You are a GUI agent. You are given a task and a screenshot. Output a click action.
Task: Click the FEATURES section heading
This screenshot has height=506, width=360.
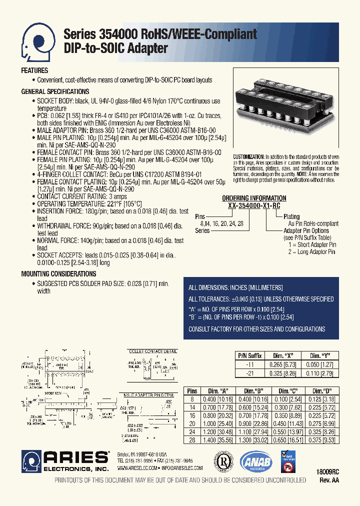tap(34, 71)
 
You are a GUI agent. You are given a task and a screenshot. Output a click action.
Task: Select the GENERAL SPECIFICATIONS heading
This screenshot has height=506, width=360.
tap(55, 92)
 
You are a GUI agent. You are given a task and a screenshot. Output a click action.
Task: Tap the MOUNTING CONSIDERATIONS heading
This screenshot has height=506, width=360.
tap(58, 274)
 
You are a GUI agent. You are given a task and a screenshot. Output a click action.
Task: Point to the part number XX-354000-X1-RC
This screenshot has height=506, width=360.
tap(254, 205)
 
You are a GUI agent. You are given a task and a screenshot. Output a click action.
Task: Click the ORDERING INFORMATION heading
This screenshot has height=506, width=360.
tap(254, 198)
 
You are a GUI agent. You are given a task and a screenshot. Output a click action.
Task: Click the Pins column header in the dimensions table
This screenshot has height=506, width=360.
tap(192, 391)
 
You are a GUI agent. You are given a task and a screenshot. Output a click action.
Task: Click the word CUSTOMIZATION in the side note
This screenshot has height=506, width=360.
tap(249, 157)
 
